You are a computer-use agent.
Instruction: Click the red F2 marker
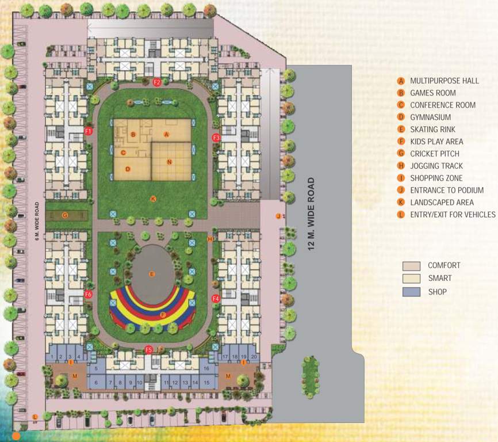[x=157, y=82]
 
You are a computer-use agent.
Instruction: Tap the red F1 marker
[x=89, y=131]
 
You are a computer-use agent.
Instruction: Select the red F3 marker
[x=216, y=138]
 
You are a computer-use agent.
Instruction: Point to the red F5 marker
[x=149, y=349]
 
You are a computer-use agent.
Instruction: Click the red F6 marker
[x=89, y=295]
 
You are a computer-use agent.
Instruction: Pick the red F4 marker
[x=216, y=298]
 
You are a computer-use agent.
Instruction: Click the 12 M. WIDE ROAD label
[x=311, y=216]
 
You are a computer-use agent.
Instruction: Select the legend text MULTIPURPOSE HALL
[x=444, y=81]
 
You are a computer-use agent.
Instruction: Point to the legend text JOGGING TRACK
[x=436, y=166]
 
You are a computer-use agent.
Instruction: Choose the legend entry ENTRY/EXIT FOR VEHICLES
[x=453, y=215]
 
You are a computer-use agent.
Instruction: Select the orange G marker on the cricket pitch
[x=65, y=215]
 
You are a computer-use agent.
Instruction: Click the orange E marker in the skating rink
[x=152, y=274]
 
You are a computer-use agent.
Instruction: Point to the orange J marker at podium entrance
[x=278, y=216]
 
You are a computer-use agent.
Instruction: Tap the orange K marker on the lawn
[x=152, y=199]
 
